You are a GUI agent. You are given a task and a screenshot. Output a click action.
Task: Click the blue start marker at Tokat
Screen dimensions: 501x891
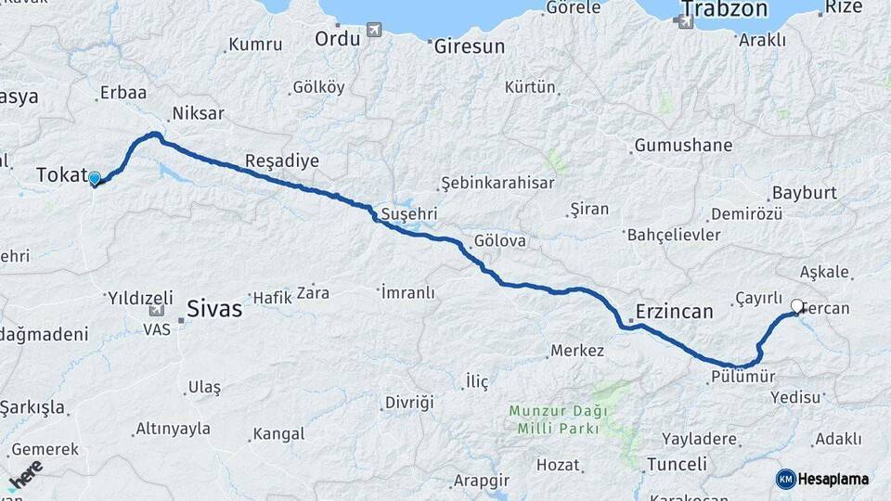tap(94, 178)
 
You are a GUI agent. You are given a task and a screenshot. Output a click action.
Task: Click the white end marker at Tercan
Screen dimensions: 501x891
tap(797, 305)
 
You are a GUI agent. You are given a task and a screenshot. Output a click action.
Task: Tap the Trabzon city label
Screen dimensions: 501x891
tap(724, 10)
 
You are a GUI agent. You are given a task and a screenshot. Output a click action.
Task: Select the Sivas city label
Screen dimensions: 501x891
tap(214, 308)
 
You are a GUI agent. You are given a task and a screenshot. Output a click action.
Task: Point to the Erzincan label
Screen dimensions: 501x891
tap(674, 311)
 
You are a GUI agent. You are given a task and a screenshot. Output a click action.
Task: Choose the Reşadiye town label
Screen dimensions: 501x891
tap(281, 161)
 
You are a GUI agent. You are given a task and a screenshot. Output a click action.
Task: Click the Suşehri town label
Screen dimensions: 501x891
tap(407, 214)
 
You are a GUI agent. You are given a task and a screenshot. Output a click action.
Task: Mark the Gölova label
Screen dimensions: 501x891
tap(499, 240)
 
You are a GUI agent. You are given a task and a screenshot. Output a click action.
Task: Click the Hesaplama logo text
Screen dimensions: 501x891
tap(833, 479)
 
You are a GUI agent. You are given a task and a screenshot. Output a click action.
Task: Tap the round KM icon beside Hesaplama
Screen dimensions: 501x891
tap(786, 479)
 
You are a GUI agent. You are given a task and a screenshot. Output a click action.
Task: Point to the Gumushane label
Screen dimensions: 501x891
tap(683, 146)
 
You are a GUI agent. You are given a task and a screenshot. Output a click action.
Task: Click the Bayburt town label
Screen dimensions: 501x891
tap(804, 192)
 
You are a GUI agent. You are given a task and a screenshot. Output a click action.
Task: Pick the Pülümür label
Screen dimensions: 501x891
tap(742, 377)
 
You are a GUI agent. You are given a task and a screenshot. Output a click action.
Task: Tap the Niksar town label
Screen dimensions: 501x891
tap(198, 114)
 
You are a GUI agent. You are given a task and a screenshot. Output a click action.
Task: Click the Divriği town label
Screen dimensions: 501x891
tap(409, 402)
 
